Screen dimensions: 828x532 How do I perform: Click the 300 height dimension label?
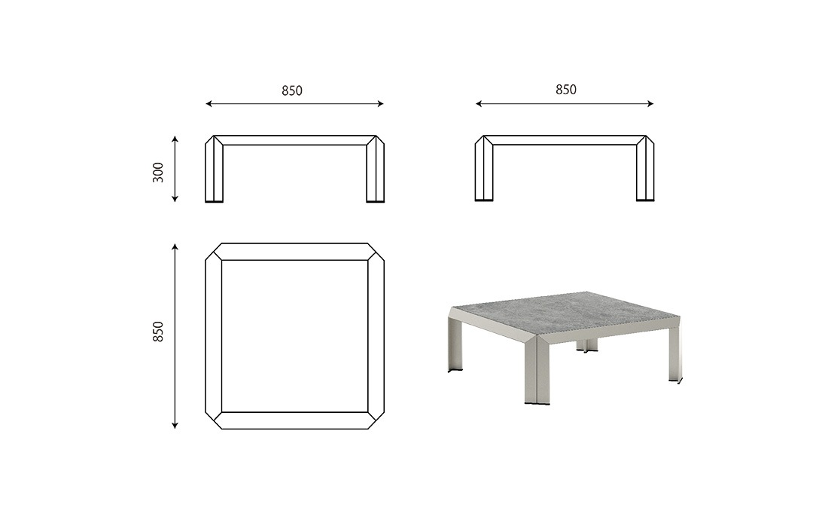point(158,173)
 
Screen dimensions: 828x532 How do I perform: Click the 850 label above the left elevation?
point(292,91)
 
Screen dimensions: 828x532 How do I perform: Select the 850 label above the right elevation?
point(566,90)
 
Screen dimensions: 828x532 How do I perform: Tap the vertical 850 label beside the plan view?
point(158,332)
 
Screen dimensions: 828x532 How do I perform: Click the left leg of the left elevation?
point(214,169)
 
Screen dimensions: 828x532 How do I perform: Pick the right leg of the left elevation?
point(375,169)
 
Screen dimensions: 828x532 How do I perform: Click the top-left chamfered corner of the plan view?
point(214,252)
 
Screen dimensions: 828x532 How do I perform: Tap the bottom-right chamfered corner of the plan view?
point(376,420)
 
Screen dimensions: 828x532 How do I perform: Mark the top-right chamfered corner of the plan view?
point(376,252)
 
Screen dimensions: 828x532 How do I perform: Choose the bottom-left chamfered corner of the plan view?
point(214,420)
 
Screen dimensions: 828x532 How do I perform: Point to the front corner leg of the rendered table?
point(537,369)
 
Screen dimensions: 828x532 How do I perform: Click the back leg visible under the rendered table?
point(586,345)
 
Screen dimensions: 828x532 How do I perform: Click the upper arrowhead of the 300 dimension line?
point(175,139)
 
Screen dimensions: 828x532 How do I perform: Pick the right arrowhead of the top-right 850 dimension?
point(650,104)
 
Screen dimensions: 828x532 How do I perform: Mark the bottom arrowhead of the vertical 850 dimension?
point(175,425)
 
